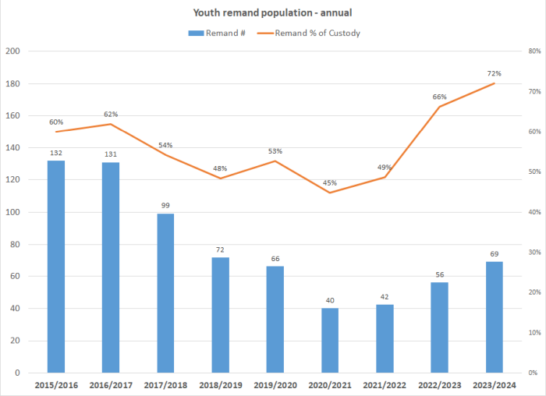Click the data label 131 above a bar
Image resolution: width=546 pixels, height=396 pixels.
(111, 154)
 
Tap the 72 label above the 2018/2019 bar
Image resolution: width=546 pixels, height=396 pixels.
(220, 249)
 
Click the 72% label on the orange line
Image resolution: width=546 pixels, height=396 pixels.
(494, 73)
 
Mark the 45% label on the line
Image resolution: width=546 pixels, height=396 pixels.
(330, 183)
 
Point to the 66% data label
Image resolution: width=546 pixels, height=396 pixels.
(439, 97)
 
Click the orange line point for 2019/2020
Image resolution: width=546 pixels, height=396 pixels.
(275, 161)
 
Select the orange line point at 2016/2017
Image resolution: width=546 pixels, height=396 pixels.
(111, 124)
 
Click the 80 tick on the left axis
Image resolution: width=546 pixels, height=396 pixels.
(14, 244)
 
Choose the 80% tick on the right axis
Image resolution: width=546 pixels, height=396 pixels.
(534, 51)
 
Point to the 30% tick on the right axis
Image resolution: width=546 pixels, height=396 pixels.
(534, 253)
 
